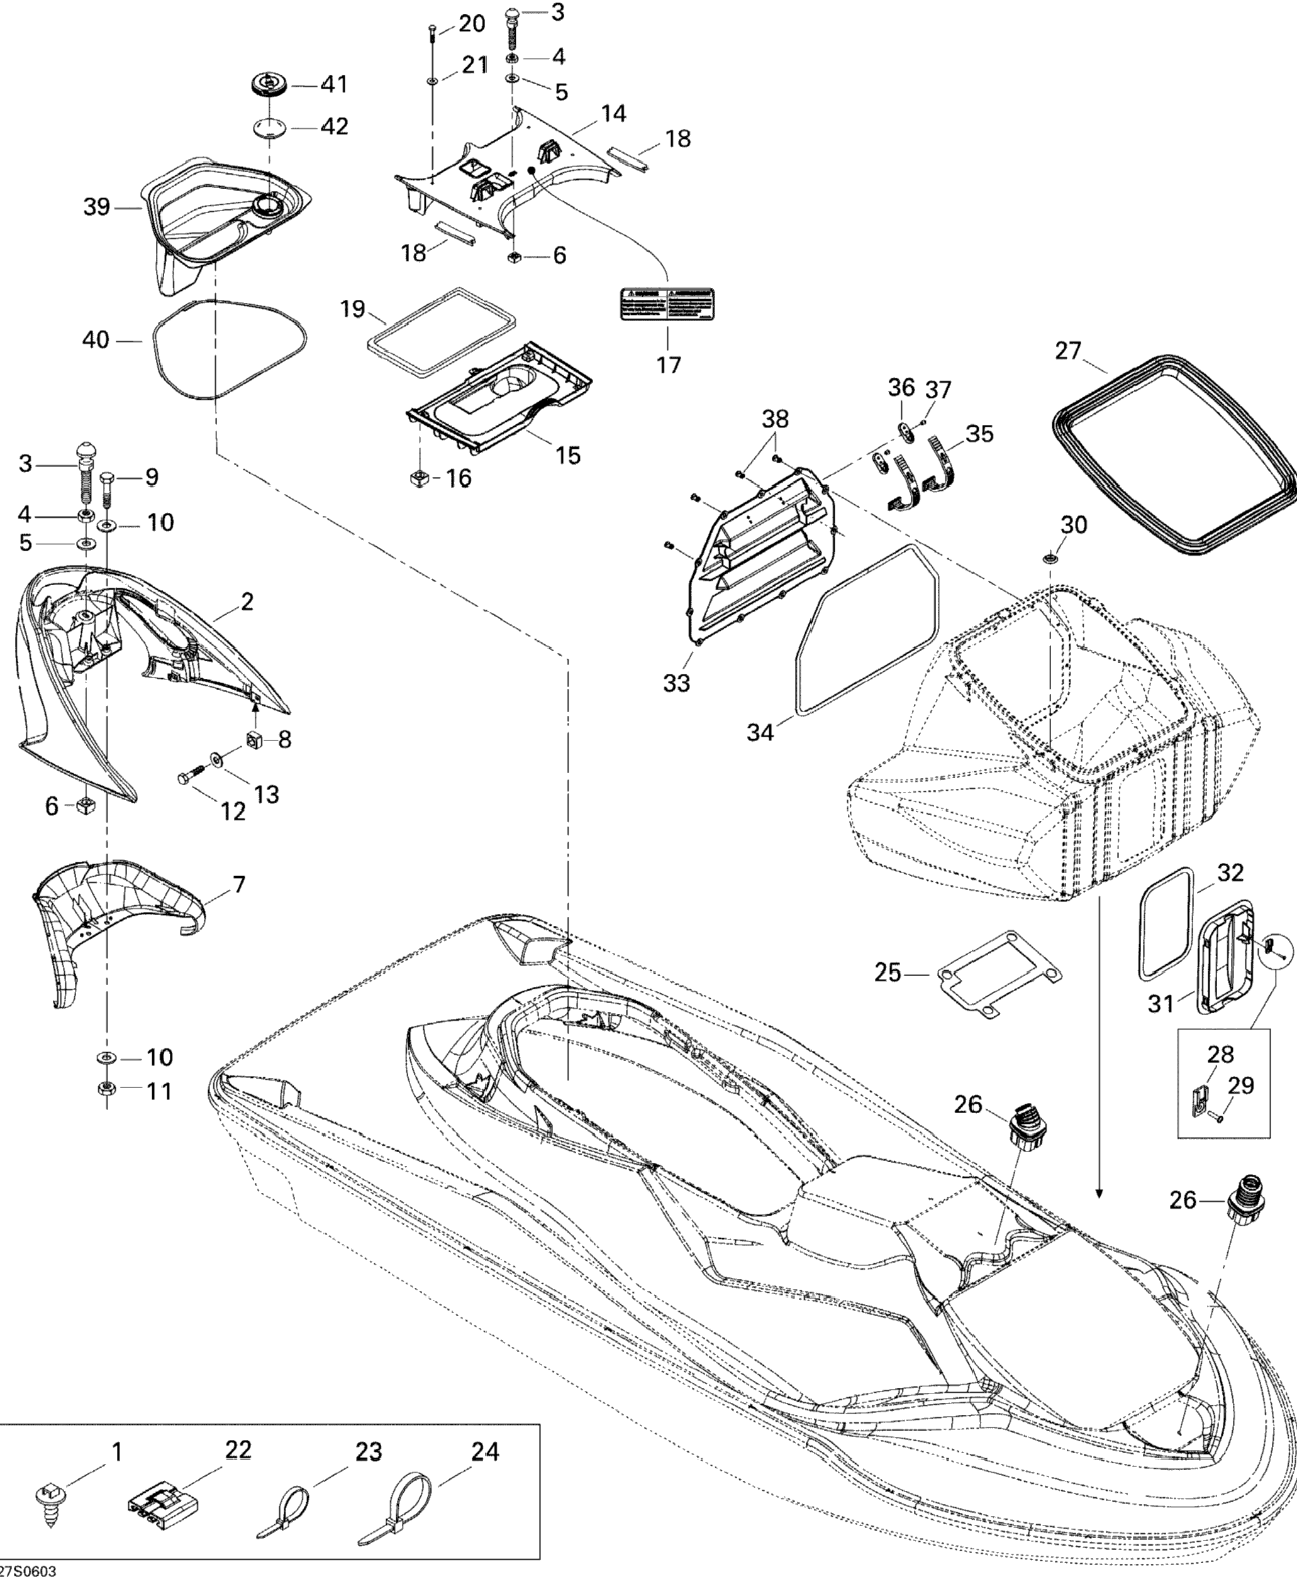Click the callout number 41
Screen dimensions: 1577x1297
point(334,84)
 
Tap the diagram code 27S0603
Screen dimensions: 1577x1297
point(28,1569)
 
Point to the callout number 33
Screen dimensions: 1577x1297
point(677,683)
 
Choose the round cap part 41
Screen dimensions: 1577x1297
point(265,84)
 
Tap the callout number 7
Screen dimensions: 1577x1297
point(239,886)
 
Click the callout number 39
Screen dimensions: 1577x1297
point(96,207)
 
